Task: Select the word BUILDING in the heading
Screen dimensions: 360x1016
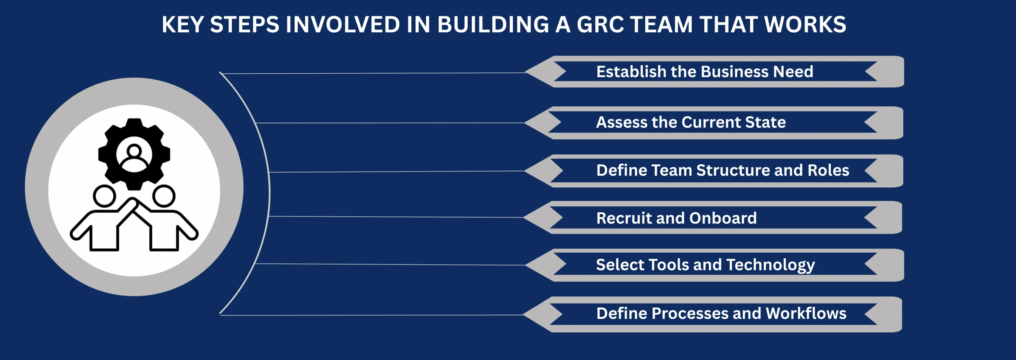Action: coord(493,25)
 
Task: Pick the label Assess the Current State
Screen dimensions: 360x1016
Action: coord(691,122)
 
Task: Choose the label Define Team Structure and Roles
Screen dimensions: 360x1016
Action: coord(722,170)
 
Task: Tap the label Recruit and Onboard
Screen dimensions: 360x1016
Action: coord(676,218)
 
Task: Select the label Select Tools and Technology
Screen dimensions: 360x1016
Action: coord(705,265)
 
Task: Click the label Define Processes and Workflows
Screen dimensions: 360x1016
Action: coord(721,313)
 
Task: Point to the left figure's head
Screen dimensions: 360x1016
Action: coord(105,195)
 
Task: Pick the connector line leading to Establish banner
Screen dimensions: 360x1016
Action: coord(375,73)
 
